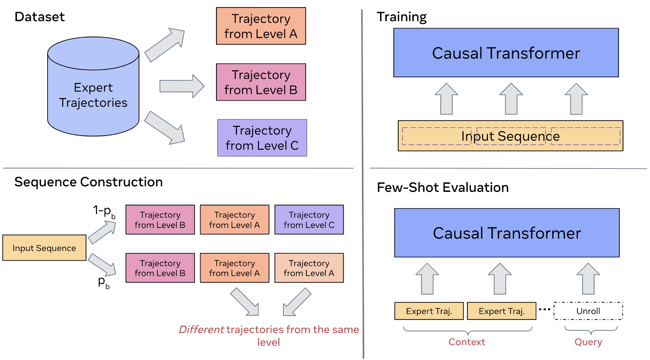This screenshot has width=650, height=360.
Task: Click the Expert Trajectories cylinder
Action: point(93,91)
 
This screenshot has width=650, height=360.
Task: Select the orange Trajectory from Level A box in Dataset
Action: point(261,26)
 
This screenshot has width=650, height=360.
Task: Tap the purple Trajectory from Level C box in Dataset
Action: point(262,138)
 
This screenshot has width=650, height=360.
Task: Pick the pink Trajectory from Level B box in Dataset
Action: point(261,82)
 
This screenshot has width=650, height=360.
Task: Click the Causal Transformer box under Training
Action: point(506,53)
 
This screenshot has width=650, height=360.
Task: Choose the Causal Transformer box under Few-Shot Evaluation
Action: point(507,233)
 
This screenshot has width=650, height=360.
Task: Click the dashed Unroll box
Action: point(588,311)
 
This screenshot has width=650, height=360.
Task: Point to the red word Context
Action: point(466,342)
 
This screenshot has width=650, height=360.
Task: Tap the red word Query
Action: point(588,342)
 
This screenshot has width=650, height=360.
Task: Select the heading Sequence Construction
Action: point(88,182)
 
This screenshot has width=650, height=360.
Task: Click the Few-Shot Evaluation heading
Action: point(442,187)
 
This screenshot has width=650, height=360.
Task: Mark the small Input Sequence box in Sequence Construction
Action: point(44,248)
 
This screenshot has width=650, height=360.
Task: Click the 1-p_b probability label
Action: point(103,211)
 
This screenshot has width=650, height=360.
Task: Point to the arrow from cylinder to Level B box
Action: point(182,86)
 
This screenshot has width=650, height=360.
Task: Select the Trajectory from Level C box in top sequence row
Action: point(309,220)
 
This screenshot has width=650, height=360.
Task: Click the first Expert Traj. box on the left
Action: point(429,311)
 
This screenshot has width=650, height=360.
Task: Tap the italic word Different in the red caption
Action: point(201,329)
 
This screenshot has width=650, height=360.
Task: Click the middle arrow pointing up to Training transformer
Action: point(511,99)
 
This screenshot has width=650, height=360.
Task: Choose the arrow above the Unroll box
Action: point(588,279)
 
